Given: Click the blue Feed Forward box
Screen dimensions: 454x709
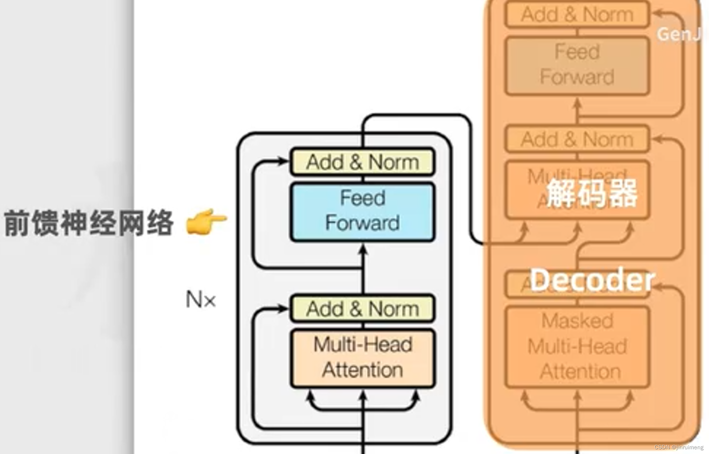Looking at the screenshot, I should [362, 212].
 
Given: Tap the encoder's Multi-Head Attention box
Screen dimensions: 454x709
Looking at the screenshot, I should [362, 358].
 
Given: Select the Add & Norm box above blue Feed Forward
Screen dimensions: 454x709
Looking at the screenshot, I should [362, 161].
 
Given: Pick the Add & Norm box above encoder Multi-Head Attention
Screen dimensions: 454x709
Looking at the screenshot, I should [362, 309].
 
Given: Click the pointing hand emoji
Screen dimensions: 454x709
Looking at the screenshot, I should [206, 221].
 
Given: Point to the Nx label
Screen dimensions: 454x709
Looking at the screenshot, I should [200, 300].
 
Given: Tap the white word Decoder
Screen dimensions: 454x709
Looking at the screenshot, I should [592, 280].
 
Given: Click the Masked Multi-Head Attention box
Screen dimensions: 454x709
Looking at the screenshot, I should [577, 347].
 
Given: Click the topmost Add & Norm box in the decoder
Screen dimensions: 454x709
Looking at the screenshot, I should [577, 15].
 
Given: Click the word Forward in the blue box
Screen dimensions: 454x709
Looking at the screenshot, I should [362, 223].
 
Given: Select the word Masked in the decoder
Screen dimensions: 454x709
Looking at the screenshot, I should [577, 321].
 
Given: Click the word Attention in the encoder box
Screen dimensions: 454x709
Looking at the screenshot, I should [362, 370].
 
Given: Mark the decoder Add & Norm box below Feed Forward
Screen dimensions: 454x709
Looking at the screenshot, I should [577, 139].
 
